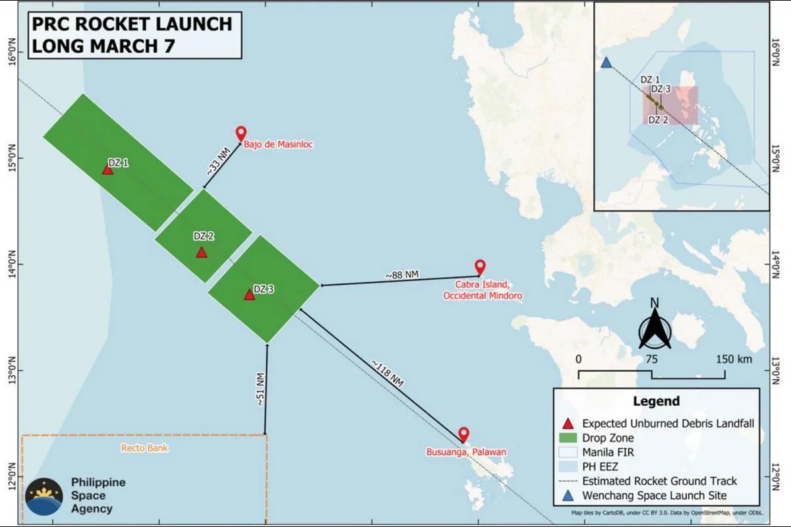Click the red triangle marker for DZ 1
(x=107, y=169)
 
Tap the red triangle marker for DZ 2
(x=202, y=252)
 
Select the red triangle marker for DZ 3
(x=249, y=294)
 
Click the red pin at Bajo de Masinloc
(x=241, y=133)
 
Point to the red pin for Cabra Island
(x=480, y=266)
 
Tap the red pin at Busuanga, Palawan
(x=463, y=434)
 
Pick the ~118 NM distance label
(x=387, y=374)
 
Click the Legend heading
(x=656, y=401)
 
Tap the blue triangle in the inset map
(x=606, y=63)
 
